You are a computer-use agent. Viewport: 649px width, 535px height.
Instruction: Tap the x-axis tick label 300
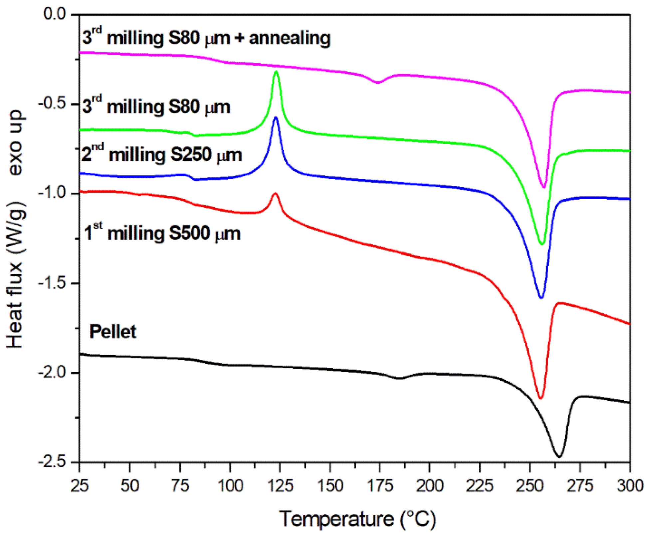(x=629, y=486)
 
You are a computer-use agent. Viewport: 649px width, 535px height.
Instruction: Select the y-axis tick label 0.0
(x=55, y=14)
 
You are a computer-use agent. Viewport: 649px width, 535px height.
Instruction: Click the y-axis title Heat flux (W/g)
(x=15, y=274)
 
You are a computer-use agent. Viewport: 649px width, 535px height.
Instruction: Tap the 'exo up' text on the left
(x=15, y=143)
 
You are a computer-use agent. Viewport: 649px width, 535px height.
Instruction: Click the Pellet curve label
(x=113, y=332)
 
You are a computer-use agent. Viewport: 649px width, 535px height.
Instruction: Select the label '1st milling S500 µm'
(x=162, y=233)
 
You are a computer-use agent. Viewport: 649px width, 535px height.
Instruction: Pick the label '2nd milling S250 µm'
(x=162, y=154)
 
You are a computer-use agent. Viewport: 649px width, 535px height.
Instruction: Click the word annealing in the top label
(x=290, y=38)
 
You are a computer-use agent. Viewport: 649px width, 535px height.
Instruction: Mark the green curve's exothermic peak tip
(x=276, y=72)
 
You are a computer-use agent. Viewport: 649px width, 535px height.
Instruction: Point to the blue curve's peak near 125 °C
(x=276, y=118)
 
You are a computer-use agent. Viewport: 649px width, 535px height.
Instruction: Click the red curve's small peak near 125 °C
(x=275, y=193)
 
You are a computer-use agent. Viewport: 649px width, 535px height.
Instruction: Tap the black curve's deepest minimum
(x=559, y=456)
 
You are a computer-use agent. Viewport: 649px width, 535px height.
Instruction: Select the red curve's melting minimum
(x=541, y=398)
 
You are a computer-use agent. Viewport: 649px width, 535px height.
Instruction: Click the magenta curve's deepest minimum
(x=544, y=187)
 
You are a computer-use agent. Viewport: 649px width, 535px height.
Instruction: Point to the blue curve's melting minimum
(x=541, y=297)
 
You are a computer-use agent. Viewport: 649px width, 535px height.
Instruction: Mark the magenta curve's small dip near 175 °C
(x=377, y=83)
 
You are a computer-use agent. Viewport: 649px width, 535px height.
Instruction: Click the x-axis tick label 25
(x=80, y=486)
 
